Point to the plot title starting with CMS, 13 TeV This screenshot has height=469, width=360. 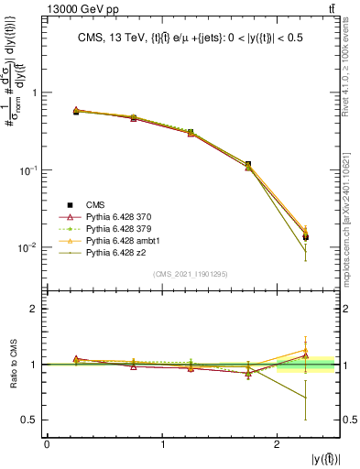191,38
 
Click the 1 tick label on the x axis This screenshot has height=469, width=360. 163,444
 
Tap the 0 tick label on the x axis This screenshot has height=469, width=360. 47,444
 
